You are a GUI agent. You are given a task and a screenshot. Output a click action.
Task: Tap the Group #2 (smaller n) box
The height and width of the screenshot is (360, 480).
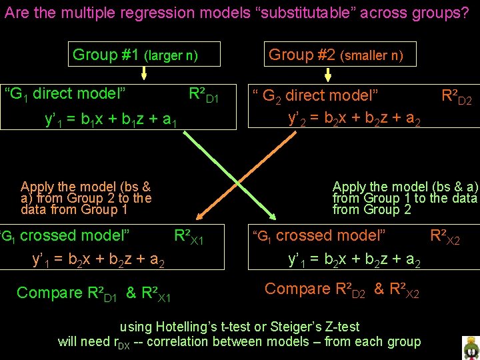(336, 55)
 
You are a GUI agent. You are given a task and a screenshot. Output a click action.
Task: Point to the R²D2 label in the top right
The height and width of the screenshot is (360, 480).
(457, 97)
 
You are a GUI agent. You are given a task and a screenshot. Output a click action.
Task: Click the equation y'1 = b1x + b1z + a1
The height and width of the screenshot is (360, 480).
(111, 120)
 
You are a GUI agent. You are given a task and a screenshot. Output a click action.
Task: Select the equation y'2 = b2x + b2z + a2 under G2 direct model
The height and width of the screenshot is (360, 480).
(354, 119)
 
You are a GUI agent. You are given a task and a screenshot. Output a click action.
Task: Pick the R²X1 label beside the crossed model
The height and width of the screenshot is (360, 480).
(188, 237)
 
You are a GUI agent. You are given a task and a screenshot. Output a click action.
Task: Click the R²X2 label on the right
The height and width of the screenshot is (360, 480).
(445, 237)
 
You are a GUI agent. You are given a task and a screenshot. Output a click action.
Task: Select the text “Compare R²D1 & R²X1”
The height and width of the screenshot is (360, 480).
(94, 293)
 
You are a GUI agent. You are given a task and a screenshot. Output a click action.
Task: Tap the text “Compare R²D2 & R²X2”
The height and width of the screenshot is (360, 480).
(342, 290)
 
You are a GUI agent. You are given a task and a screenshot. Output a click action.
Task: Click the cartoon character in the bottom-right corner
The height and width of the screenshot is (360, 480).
(471, 347)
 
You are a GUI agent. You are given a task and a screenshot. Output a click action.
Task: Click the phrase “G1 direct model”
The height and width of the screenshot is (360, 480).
(65, 93)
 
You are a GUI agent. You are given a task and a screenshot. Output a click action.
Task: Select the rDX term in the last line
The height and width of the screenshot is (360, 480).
(123, 343)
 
